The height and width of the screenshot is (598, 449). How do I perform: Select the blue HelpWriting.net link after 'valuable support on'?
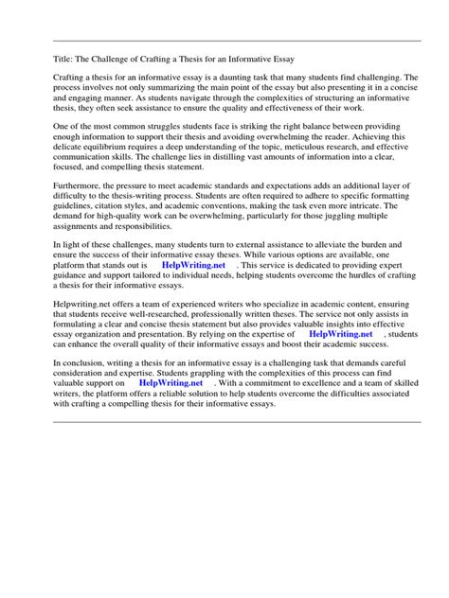(x=171, y=383)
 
